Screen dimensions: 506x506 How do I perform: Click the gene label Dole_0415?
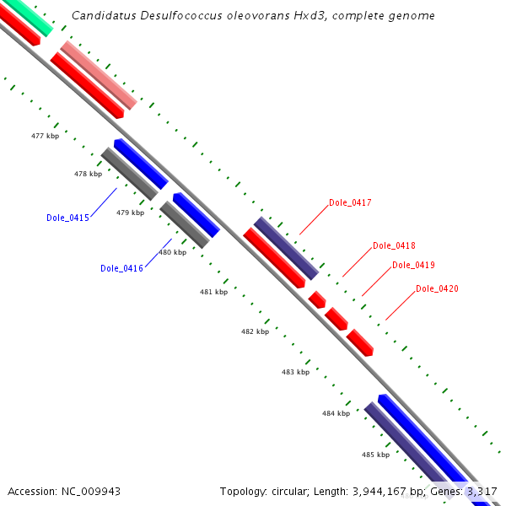(x=67, y=218)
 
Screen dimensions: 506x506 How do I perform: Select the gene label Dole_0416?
(x=121, y=268)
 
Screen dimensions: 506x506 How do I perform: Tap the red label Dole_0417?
(x=350, y=202)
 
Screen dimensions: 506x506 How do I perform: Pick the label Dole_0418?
(x=394, y=245)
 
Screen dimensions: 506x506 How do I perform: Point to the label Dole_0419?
(x=413, y=265)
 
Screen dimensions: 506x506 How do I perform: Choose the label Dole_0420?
(x=437, y=288)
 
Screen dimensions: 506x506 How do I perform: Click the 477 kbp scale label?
(x=45, y=136)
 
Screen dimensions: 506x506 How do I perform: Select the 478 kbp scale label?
(x=88, y=174)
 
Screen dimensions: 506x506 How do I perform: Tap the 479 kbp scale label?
(x=130, y=213)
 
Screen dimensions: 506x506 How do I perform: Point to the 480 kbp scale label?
(x=172, y=252)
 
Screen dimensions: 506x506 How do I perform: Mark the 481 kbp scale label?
(x=213, y=292)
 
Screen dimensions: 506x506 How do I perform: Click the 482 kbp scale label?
(x=255, y=331)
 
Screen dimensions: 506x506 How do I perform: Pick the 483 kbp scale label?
(x=295, y=371)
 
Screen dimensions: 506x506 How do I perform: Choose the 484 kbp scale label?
(x=336, y=413)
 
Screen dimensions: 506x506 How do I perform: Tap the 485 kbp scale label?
(x=375, y=455)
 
